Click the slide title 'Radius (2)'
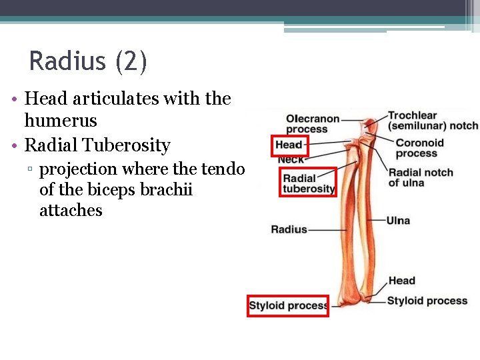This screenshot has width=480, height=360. [x=88, y=62]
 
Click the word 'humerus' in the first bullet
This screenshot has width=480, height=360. [x=61, y=121]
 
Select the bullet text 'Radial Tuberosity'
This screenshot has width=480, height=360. [x=97, y=145]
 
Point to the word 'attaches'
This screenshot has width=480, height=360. [x=71, y=211]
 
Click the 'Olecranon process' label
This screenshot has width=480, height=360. [x=312, y=124]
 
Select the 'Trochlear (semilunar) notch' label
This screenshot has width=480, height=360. [x=433, y=121]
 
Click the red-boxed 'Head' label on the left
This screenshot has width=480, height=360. [x=289, y=145]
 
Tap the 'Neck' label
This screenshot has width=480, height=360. [x=290, y=159]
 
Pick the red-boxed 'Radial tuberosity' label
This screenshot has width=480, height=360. [x=308, y=183]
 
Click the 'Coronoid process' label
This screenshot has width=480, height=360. [x=419, y=148]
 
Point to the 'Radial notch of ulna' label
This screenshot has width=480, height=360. [x=420, y=177]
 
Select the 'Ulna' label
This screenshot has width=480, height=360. [x=398, y=221]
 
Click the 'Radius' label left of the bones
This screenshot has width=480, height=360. [x=289, y=229]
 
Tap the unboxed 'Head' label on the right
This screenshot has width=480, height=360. [x=401, y=281]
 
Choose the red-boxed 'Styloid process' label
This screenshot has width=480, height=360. [x=287, y=306]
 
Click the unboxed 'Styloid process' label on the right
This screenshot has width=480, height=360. [x=427, y=301]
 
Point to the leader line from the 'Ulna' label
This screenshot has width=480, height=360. [x=377, y=221]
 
